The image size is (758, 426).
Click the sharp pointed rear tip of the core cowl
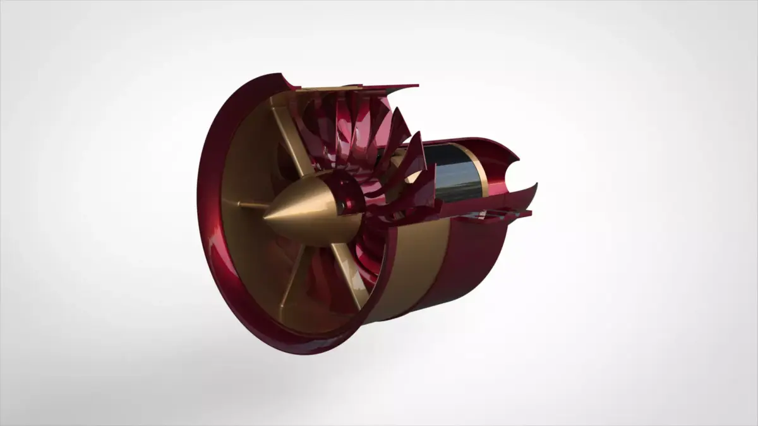click(536, 184)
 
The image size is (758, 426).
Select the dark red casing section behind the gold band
click(471, 259)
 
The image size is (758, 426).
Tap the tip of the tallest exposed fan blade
click(398, 109)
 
